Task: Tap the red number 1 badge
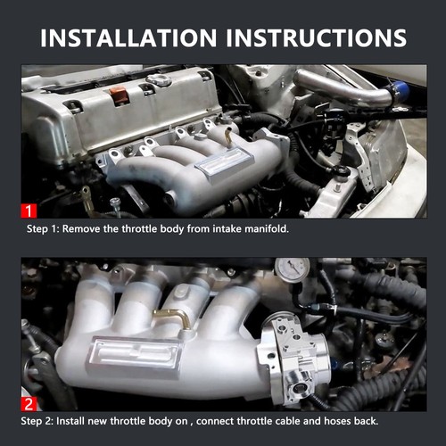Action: pos(30,211)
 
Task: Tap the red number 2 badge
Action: pos(30,404)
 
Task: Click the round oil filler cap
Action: pos(160,81)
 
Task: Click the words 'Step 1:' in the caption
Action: pos(46,230)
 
